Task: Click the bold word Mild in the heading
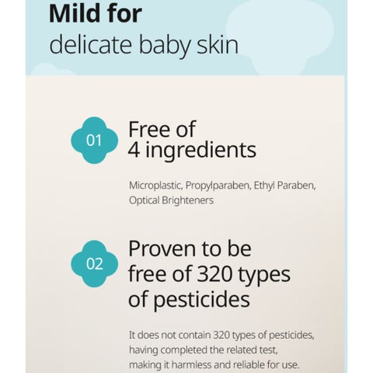click(x=76, y=13)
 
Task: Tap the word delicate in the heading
click(x=90, y=44)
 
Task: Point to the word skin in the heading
click(x=218, y=44)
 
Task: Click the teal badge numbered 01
click(x=94, y=141)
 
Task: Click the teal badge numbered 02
click(x=94, y=263)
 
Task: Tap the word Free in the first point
click(x=148, y=129)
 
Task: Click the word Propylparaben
click(x=218, y=186)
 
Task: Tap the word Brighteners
click(x=188, y=200)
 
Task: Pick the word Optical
click(x=144, y=200)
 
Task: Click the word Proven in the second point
click(x=162, y=249)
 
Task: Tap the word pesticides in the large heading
click(x=201, y=301)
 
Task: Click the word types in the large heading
click(x=264, y=276)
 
